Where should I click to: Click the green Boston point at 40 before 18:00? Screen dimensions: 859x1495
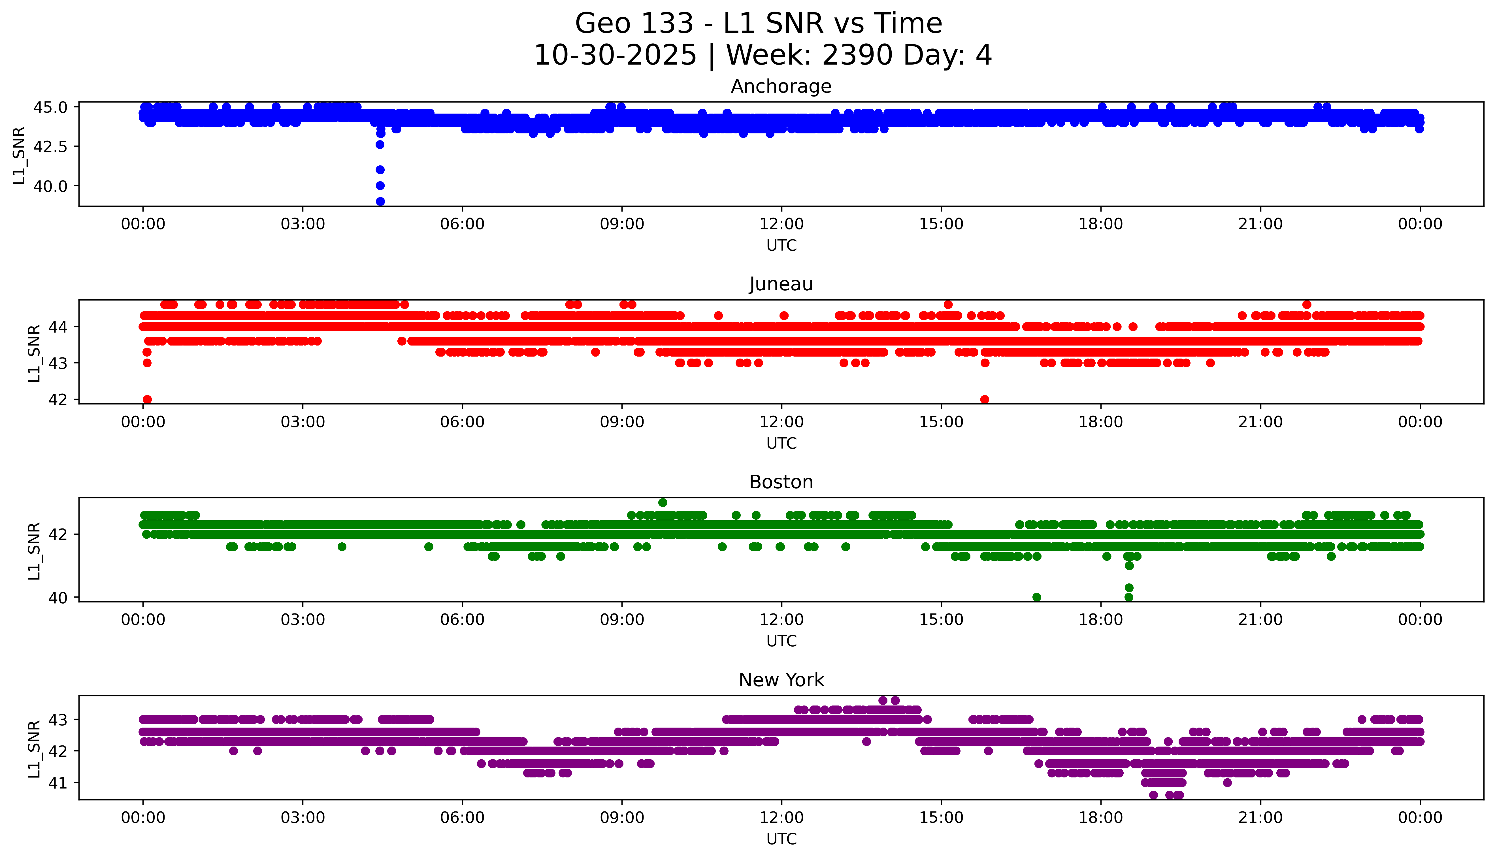(x=1037, y=597)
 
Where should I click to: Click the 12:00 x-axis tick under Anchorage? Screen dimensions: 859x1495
(x=781, y=224)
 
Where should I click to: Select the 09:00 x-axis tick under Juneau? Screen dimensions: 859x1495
(x=622, y=422)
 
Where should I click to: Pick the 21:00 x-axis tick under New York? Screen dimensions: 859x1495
(x=1260, y=818)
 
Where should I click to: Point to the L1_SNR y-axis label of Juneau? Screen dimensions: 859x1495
(x=34, y=353)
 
